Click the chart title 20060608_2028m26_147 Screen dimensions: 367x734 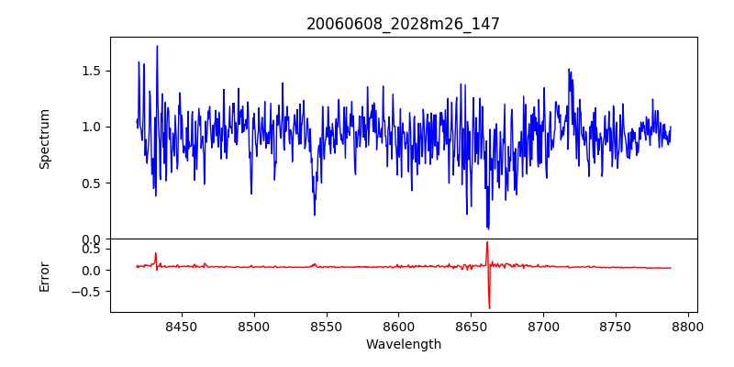(x=403, y=24)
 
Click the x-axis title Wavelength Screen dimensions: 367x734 (x=403, y=345)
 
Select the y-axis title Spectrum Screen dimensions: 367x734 (x=44, y=139)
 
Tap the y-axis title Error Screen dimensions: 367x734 (x=44, y=276)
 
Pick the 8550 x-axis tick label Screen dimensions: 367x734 (x=327, y=327)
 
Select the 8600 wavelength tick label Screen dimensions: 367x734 (x=399, y=327)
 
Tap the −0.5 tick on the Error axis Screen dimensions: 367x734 (x=87, y=292)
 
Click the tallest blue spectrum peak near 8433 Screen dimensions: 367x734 (x=157, y=47)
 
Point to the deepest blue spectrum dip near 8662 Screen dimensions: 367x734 (x=488, y=228)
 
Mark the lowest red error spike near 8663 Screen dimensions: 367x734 (x=490, y=307)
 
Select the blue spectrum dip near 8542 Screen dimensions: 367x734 (x=315, y=215)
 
